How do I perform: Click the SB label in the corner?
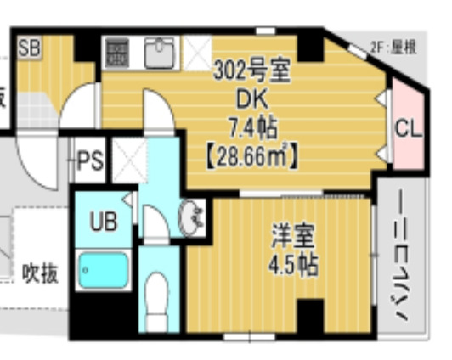pos(29,46)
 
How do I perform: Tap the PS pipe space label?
pos(88,160)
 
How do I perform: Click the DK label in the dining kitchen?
pos(251,100)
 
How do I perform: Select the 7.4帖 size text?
pos(251,127)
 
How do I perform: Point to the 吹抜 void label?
pos(40,274)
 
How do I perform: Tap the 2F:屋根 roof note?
pos(393,48)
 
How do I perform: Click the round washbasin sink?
pos(193,219)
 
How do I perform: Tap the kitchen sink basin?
pos(159,53)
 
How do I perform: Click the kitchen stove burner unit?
pos(117,53)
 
